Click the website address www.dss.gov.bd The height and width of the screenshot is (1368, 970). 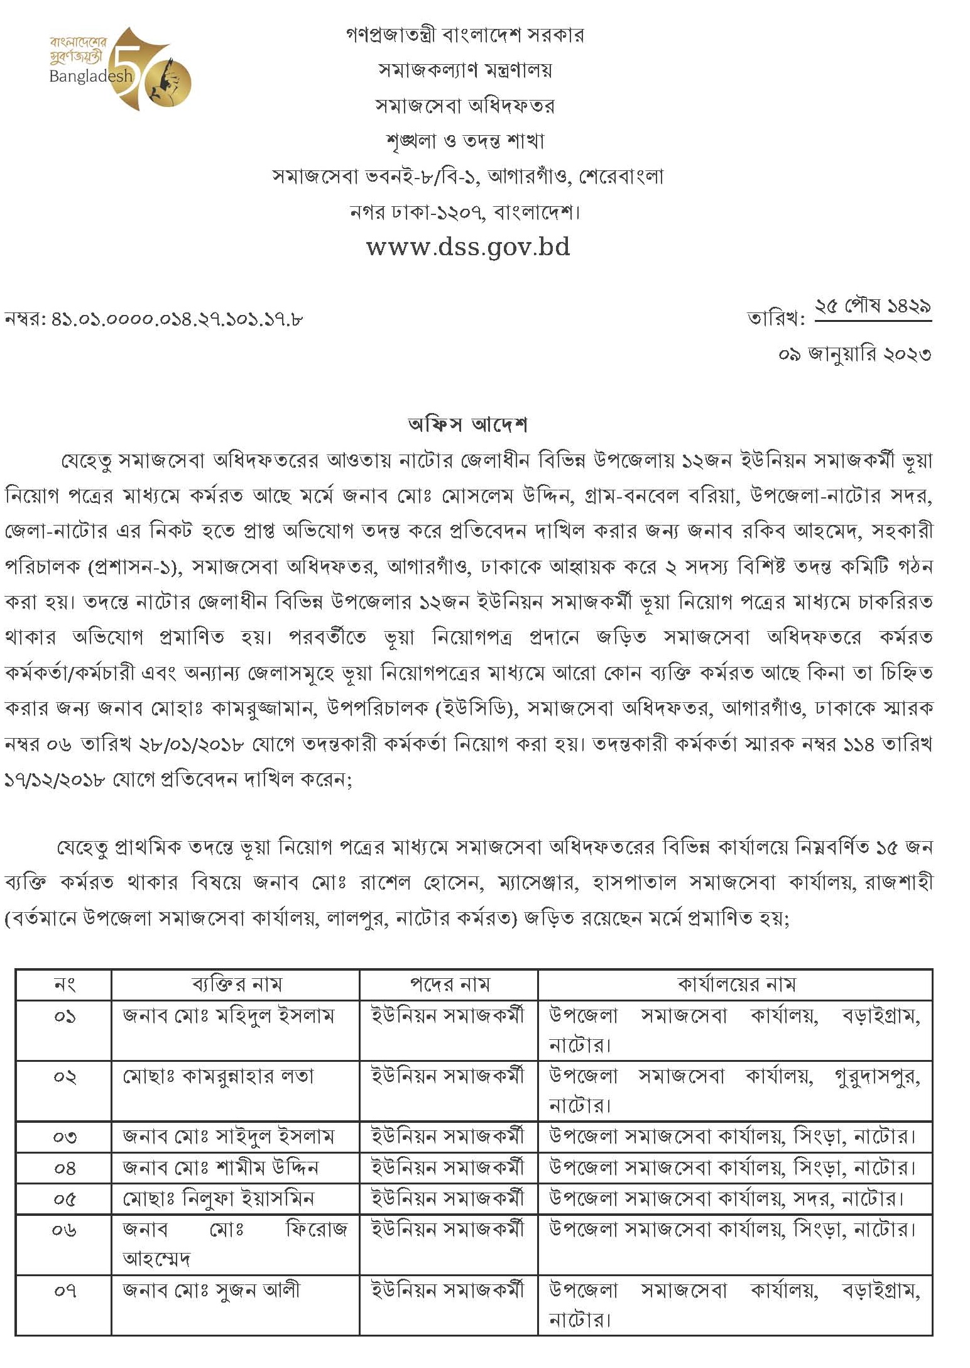click(x=468, y=246)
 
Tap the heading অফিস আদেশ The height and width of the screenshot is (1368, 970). click(x=467, y=426)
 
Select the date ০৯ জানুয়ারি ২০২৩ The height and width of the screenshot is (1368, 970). click(x=854, y=355)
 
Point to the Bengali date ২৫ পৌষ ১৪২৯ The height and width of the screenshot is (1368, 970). click(x=873, y=307)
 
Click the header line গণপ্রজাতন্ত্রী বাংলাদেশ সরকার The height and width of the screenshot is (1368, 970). click(x=465, y=35)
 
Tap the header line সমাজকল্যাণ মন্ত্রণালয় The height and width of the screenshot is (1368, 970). click(x=465, y=70)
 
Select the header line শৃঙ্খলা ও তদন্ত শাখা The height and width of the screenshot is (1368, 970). click(x=465, y=141)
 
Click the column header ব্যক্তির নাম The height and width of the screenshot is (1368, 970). click(x=236, y=985)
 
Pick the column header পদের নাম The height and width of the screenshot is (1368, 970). click(x=449, y=985)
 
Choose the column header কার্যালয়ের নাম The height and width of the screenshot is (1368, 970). click(x=736, y=985)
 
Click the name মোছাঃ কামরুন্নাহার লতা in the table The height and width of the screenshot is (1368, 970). click(x=218, y=1077)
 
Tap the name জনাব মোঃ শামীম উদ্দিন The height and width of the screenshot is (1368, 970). click(x=221, y=1168)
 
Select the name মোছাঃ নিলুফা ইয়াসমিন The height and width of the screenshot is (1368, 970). click(x=218, y=1198)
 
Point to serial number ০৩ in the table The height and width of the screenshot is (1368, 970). click(x=64, y=1137)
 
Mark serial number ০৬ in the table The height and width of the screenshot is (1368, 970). click(x=64, y=1230)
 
